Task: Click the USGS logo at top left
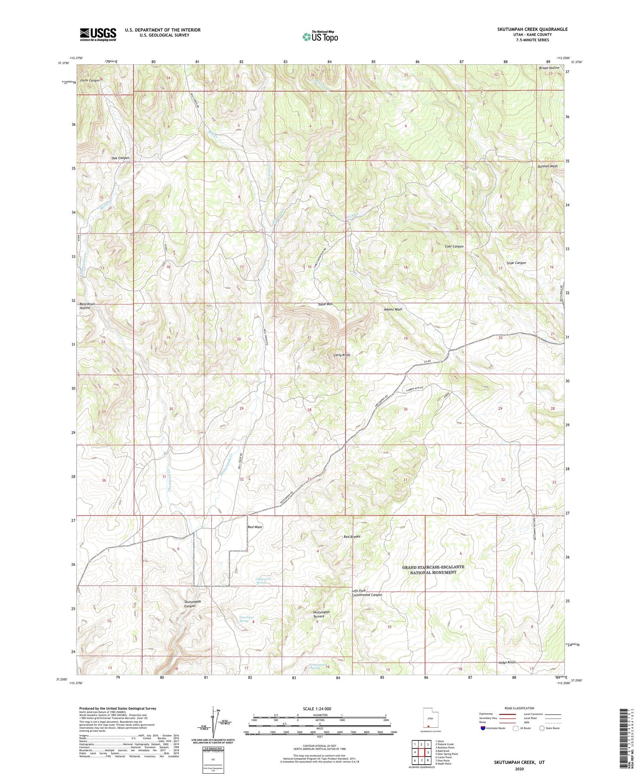(x=98, y=34)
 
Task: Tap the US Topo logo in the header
(x=320, y=37)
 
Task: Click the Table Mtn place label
(x=325, y=304)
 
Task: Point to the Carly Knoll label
(x=342, y=355)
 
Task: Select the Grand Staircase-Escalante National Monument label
(x=433, y=569)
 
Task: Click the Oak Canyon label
(x=120, y=158)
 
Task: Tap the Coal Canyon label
(x=454, y=246)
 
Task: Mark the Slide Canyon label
(x=516, y=263)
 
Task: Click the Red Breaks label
(x=352, y=536)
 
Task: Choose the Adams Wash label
(x=393, y=309)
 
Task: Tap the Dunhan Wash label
(x=547, y=166)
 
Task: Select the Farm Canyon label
(x=89, y=80)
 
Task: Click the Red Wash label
(x=255, y=527)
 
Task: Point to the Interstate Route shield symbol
(x=483, y=728)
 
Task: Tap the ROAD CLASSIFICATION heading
(x=519, y=708)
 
